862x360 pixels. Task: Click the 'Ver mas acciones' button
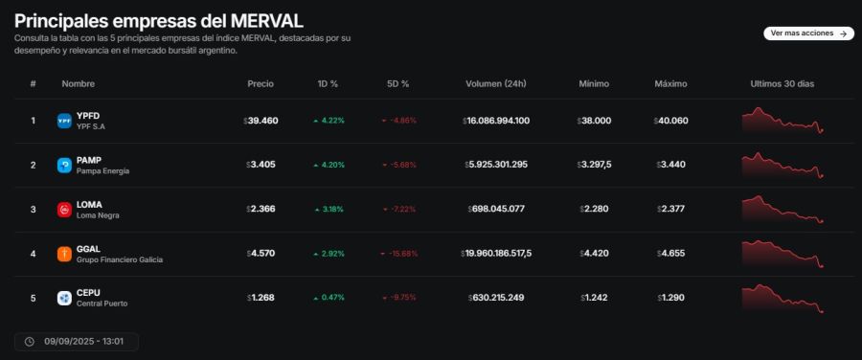click(x=808, y=33)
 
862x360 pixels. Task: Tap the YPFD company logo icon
click(x=64, y=121)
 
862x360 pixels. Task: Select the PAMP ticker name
click(x=89, y=160)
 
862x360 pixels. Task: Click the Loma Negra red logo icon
click(x=64, y=210)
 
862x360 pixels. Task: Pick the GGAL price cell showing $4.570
click(x=260, y=254)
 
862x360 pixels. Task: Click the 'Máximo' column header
click(x=670, y=84)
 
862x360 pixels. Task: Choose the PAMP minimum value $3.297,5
click(x=594, y=165)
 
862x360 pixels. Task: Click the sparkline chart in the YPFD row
click(x=783, y=121)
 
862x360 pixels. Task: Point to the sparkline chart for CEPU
click(x=783, y=298)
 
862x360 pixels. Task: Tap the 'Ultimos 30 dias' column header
click(x=782, y=84)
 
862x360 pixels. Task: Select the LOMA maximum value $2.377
click(x=670, y=210)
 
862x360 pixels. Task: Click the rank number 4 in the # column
click(x=33, y=254)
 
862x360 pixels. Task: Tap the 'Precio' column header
click(x=260, y=84)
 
